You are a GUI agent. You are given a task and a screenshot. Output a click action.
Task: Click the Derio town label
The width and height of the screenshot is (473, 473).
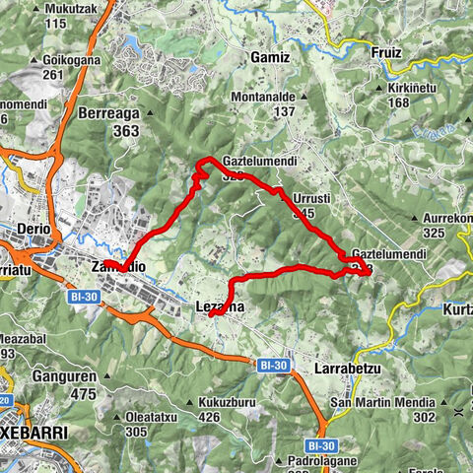coord(34,229)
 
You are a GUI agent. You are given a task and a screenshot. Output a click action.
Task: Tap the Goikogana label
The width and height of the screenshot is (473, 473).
coord(67,58)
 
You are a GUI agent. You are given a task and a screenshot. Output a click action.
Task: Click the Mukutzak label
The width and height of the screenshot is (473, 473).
coord(67,8)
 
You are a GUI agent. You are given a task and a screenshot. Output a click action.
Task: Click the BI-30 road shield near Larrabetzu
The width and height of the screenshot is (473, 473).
coord(276,366)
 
